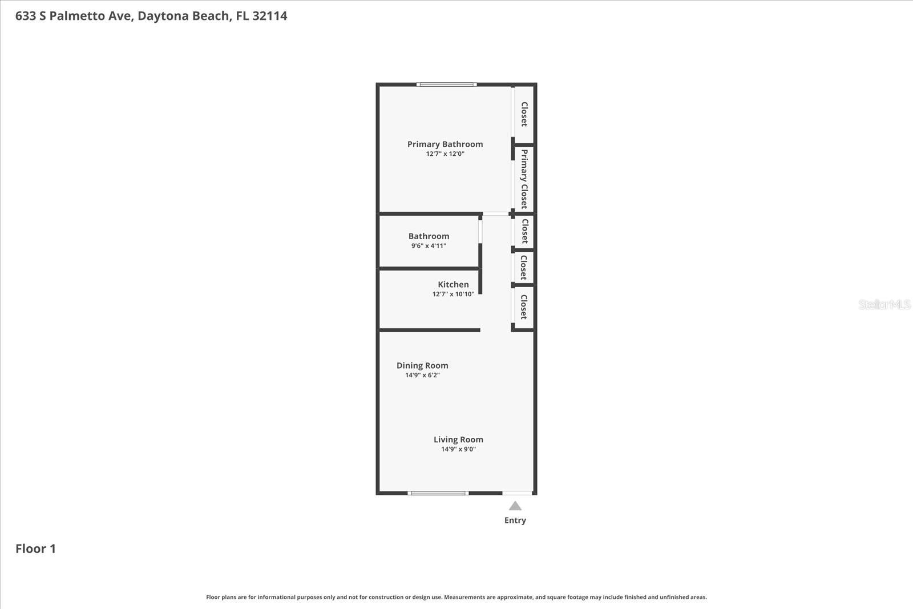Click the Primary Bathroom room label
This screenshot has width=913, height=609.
pos(445,144)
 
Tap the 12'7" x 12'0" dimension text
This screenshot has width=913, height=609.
pos(445,154)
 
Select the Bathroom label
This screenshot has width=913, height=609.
pos(429,236)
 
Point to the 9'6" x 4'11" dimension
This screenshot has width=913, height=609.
pos(429,246)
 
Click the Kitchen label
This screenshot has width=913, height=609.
pos(453,285)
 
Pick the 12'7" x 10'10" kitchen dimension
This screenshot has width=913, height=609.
pos(453,295)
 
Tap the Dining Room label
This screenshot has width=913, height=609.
pos(422,366)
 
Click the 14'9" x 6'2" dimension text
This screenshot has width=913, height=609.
pos(422,376)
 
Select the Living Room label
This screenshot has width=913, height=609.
pos(458,439)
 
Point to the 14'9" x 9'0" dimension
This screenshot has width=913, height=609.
pos(458,449)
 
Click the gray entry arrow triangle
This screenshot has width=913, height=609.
pos(515,506)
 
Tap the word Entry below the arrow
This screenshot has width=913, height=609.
pos(515,521)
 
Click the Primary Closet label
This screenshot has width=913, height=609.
pos(524,179)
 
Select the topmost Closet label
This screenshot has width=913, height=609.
pos(524,114)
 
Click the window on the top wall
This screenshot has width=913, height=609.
pos(446,84)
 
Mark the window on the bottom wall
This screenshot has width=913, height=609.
pos(438,493)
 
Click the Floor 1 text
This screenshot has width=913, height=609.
pos(35,549)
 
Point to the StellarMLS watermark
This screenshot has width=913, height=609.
pos(884,305)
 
